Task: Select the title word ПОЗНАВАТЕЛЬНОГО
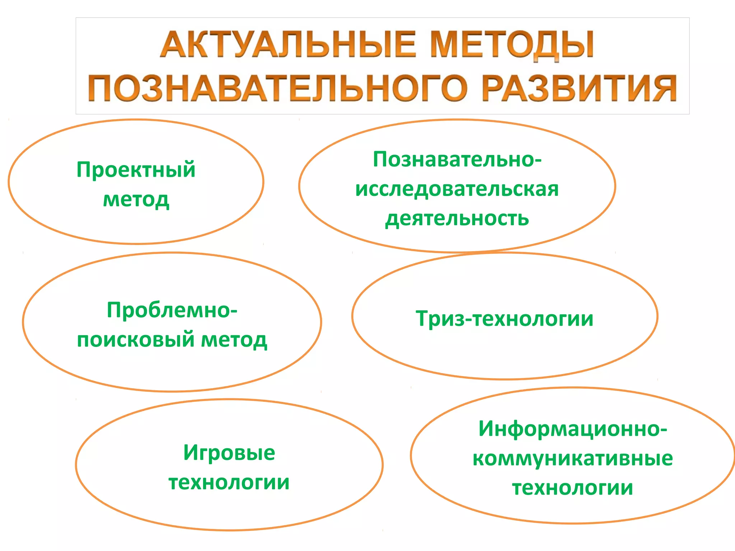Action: coord(278,88)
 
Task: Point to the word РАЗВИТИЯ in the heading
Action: coord(579,88)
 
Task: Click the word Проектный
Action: coord(136,170)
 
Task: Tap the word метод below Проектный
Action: coord(136,199)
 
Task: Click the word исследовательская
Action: coord(457,189)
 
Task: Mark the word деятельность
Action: coord(457,218)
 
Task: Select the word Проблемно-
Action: coord(172,310)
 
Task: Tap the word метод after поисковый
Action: coord(234,339)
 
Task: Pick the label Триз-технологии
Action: coord(504,319)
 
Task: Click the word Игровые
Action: coord(229,453)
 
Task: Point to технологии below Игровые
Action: coord(229,482)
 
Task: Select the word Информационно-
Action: coord(572,429)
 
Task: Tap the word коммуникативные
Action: coord(572,458)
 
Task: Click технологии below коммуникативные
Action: coord(572,488)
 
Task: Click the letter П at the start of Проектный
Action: coord(83,170)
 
